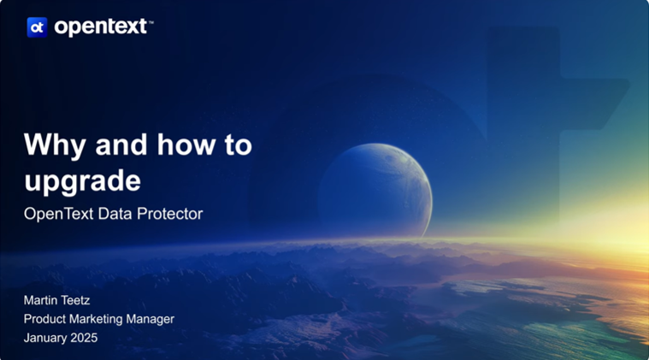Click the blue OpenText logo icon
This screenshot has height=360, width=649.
tap(38, 27)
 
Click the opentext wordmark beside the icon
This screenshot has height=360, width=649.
tap(101, 27)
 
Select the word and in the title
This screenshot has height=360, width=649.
tap(121, 145)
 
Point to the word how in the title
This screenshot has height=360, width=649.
tap(186, 145)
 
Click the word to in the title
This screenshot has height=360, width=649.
tap(239, 145)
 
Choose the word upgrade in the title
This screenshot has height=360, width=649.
tap(82, 182)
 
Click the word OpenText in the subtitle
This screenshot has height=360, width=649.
tap(58, 214)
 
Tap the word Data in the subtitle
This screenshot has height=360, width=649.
tap(115, 214)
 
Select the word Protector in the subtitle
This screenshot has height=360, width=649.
tap(169, 214)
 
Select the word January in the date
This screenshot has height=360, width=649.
tap(45, 338)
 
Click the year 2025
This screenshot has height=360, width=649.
tap(84, 338)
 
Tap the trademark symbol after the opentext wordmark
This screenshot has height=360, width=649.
tap(150, 23)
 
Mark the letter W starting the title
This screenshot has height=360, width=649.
tap(38, 144)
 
